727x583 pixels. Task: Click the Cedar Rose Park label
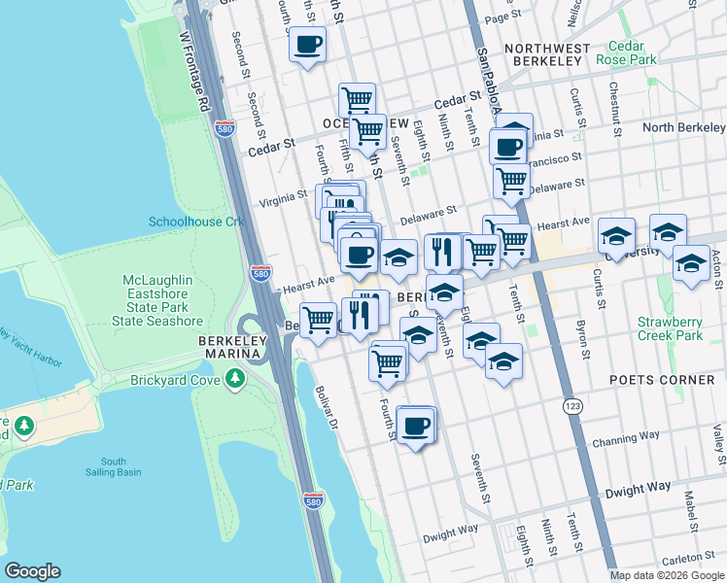pyautogui.click(x=632, y=52)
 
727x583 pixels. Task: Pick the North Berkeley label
pyautogui.click(x=683, y=128)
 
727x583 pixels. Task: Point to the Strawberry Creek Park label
pyautogui.click(x=670, y=328)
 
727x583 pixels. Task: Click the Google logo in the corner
pyautogui.click(x=33, y=571)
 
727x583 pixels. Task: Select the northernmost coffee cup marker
pyautogui.click(x=307, y=45)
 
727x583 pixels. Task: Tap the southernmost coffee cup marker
pyautogui.click(x=416, y=426)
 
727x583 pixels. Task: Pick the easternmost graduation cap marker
pyautogui.click(x=691, y=264)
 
